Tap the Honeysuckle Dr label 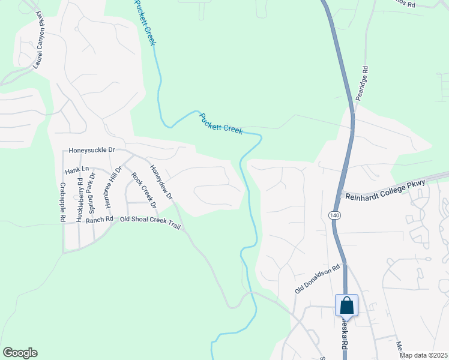91,150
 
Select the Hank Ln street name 76,170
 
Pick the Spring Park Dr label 92,194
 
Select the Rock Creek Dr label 144,190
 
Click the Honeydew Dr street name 161,182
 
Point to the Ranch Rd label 99,220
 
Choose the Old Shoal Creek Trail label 150,220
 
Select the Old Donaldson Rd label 318,279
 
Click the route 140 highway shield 334,215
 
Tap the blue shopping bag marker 347,305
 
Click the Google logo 20,353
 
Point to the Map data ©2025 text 423,355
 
